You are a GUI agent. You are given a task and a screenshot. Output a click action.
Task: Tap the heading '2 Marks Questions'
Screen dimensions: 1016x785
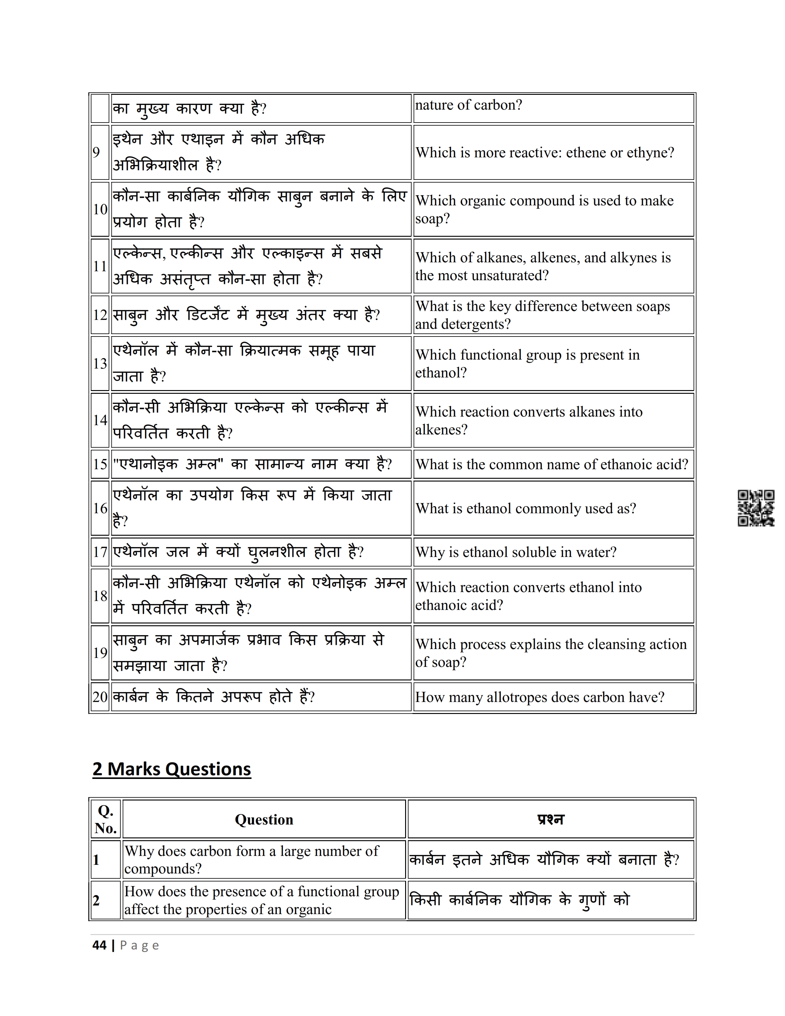[171, 769]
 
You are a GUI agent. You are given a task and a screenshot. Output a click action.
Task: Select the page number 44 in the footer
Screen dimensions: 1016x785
[99, 945]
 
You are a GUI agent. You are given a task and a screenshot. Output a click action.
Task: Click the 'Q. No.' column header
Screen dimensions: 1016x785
[106, 819]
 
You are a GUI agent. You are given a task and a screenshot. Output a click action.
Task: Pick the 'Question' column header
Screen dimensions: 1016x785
[264, 819]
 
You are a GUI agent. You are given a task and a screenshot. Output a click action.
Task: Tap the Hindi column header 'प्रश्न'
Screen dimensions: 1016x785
[551, 819]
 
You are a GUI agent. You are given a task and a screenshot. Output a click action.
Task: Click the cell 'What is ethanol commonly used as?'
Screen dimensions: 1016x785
[525, 509]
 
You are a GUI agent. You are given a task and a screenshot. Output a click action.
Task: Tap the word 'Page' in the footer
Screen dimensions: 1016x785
[139, 945]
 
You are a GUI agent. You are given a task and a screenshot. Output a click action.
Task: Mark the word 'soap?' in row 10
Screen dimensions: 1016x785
[433, 219]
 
